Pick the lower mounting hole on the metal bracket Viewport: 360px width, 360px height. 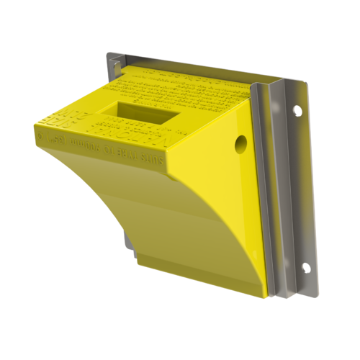(x=305, y=268)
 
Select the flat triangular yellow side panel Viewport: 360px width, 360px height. (x=223, y=180)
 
